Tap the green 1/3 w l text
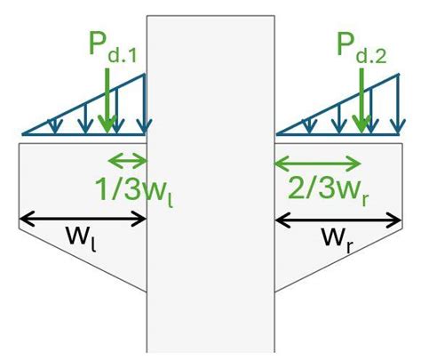[125, 189]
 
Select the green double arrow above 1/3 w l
[125, 161]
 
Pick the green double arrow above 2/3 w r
[318, 163]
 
